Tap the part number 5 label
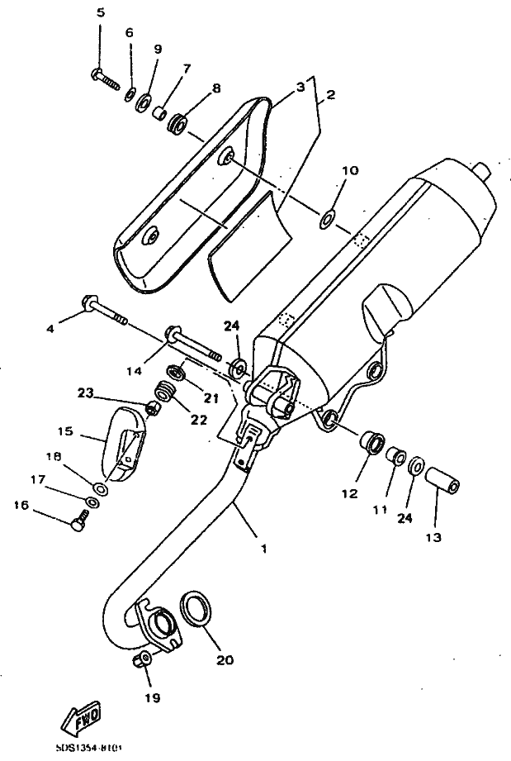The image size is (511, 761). pyautogui.click(x=101, y=12)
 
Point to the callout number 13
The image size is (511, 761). pyautogui.click(x=433, y=538)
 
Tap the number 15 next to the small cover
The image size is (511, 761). pyautogui.click(x=65, y=431)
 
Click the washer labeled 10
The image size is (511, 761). pyautogui.click(x=327, y=218)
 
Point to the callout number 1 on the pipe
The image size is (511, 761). pyautogui.click(x=263, y=548)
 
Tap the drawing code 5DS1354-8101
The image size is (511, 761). pyautogui.click(x=89, y=749)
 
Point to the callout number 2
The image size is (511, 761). pyautogui.click(x=329, y=95)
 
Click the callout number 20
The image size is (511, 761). pyautogui.click(x=225, y=659)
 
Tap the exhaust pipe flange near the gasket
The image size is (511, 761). pyautogui.click(x=159, y=625)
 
